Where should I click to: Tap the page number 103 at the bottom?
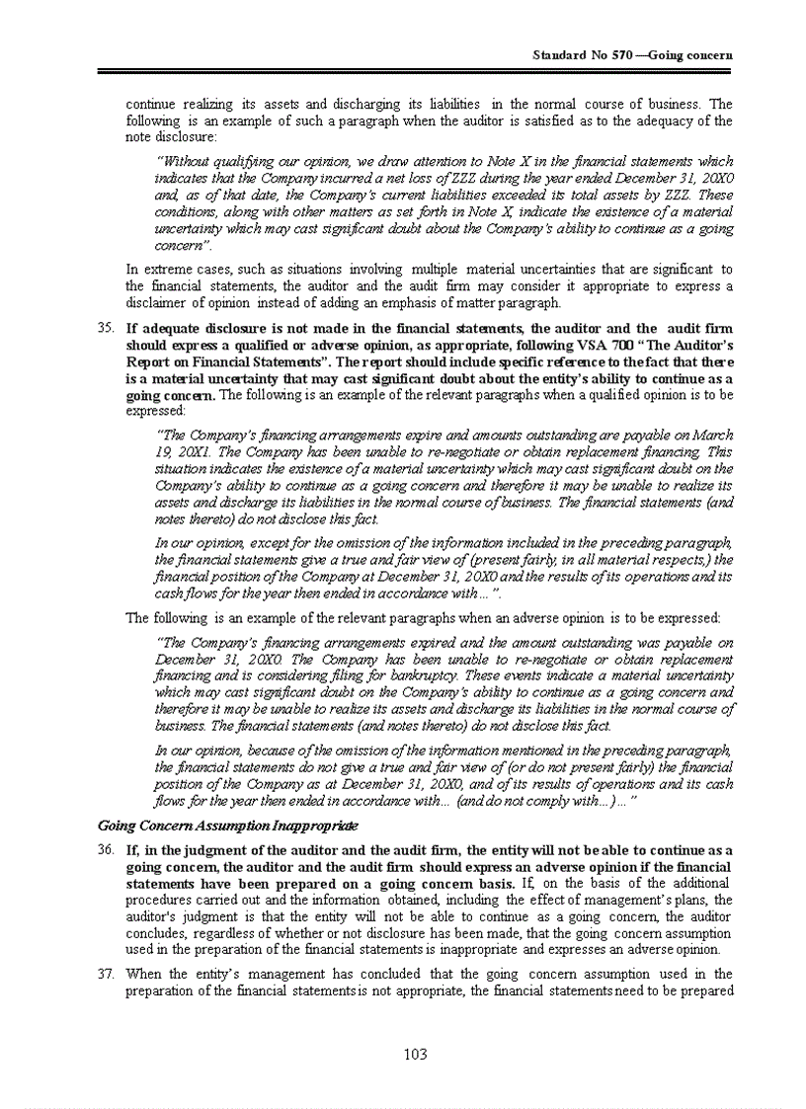(416, 1055)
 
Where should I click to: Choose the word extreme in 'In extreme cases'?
(168, 269)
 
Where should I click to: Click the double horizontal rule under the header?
(416, 71)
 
